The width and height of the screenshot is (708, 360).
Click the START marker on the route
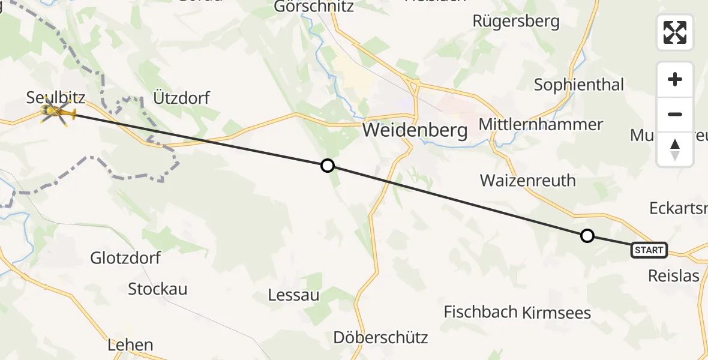click(x=649, y=250)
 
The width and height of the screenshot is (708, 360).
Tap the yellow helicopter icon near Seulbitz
click(x=58, y=112)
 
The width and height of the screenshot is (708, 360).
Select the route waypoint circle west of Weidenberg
click(x=327, y=165)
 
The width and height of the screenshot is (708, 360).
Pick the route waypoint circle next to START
click(x=587, y=236)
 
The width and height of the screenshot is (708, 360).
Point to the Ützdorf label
click(x=181, y=97)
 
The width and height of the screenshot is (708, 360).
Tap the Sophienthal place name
click(x=579, y=85)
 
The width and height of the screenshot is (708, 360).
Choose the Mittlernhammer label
click(x=541, y=125)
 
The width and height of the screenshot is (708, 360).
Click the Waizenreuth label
click(x=528, y=180)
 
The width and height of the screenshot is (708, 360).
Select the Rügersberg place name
click(x=516, y=22)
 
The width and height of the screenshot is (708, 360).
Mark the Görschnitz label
click(x=313, y=7)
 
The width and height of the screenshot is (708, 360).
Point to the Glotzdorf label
click(x=125, y=258)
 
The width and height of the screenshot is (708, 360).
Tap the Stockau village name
click(x=158, y=289)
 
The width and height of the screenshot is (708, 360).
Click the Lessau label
click(x=294, y=295)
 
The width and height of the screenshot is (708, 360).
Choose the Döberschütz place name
click(x=381, y=337)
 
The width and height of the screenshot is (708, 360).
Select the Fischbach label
click(x=481, y=312)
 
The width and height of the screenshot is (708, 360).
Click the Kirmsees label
click(x=557, y=313)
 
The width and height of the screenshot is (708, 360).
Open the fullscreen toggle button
click(x=675, y=32)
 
